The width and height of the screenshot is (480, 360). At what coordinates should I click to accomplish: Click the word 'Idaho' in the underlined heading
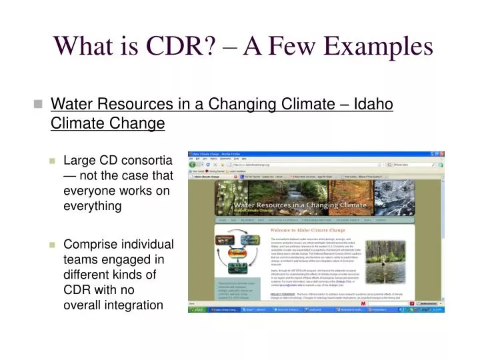point(373,105)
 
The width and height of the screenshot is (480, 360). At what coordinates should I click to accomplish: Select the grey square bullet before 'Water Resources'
point(38,105)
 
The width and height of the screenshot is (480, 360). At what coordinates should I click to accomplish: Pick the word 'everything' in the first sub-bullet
point(92,206)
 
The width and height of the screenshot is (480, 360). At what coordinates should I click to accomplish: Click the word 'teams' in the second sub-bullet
point(79,259)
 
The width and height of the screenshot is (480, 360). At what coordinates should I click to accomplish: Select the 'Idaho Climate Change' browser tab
point(206,177)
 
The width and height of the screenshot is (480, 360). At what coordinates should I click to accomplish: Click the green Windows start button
point(197,310)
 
